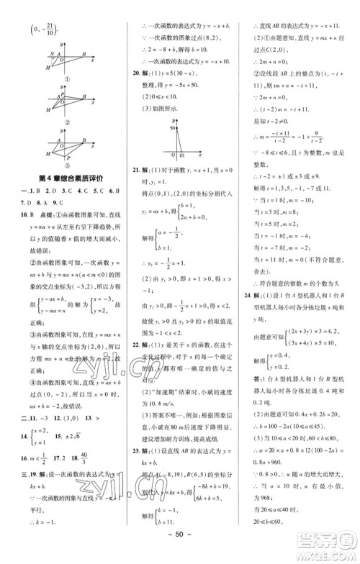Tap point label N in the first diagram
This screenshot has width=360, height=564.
coord(52,54)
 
